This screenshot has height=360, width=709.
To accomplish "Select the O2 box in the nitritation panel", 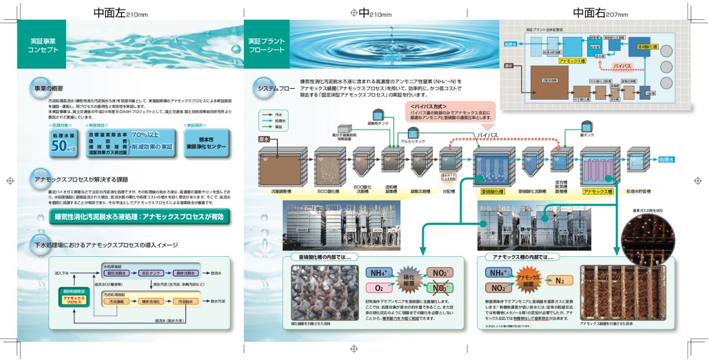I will (379, 288).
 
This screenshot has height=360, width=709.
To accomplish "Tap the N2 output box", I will (560, 280).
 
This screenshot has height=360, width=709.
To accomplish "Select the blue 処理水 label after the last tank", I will (666, 160).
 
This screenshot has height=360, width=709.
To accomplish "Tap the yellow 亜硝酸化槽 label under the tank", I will (492, 192).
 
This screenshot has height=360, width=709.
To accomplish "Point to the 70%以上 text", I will (147, 135).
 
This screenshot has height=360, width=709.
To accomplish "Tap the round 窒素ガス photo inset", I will (648, 241).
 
